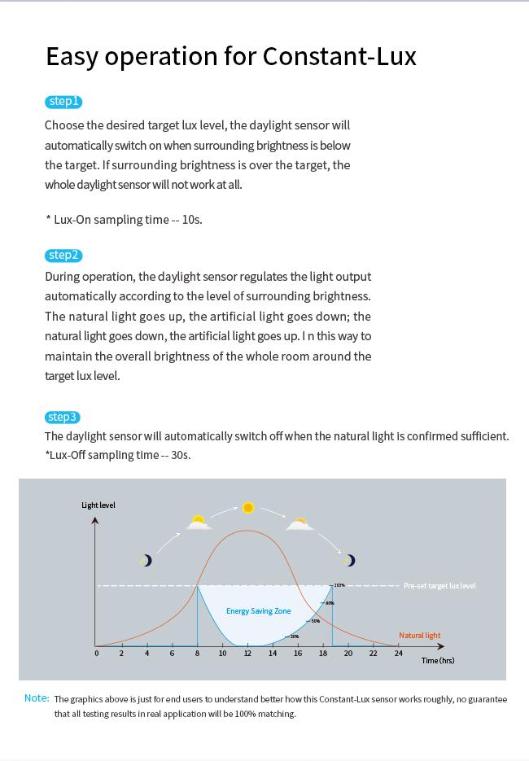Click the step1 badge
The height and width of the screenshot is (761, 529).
[63, 102]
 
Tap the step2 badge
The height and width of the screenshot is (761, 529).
[63, 256]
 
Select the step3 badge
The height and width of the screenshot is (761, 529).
[63, 418]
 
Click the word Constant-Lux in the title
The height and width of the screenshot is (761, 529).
[339, 56]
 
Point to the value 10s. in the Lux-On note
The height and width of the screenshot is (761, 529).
[192, 220]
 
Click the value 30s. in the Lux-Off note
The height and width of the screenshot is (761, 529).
[181, 455]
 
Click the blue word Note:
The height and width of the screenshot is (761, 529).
[37, 698]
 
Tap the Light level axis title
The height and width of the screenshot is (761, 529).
[98, 505]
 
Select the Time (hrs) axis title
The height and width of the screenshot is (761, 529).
[438, 660]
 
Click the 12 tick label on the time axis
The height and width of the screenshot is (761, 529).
[247, 654]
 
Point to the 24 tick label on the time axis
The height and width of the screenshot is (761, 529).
[398, 654]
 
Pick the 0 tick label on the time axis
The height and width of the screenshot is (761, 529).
[96, 654]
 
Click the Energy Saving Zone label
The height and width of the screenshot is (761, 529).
[258, 611]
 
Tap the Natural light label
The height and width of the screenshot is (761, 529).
[419, 636]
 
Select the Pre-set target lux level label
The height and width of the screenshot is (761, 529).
[439, 586]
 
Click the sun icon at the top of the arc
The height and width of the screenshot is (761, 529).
[248, 508]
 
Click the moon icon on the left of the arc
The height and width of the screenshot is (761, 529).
[146, 560]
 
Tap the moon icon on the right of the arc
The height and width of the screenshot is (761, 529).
[350, 560]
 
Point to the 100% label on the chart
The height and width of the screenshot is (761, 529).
[339, 585]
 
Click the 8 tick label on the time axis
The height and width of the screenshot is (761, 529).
[197, 654]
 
